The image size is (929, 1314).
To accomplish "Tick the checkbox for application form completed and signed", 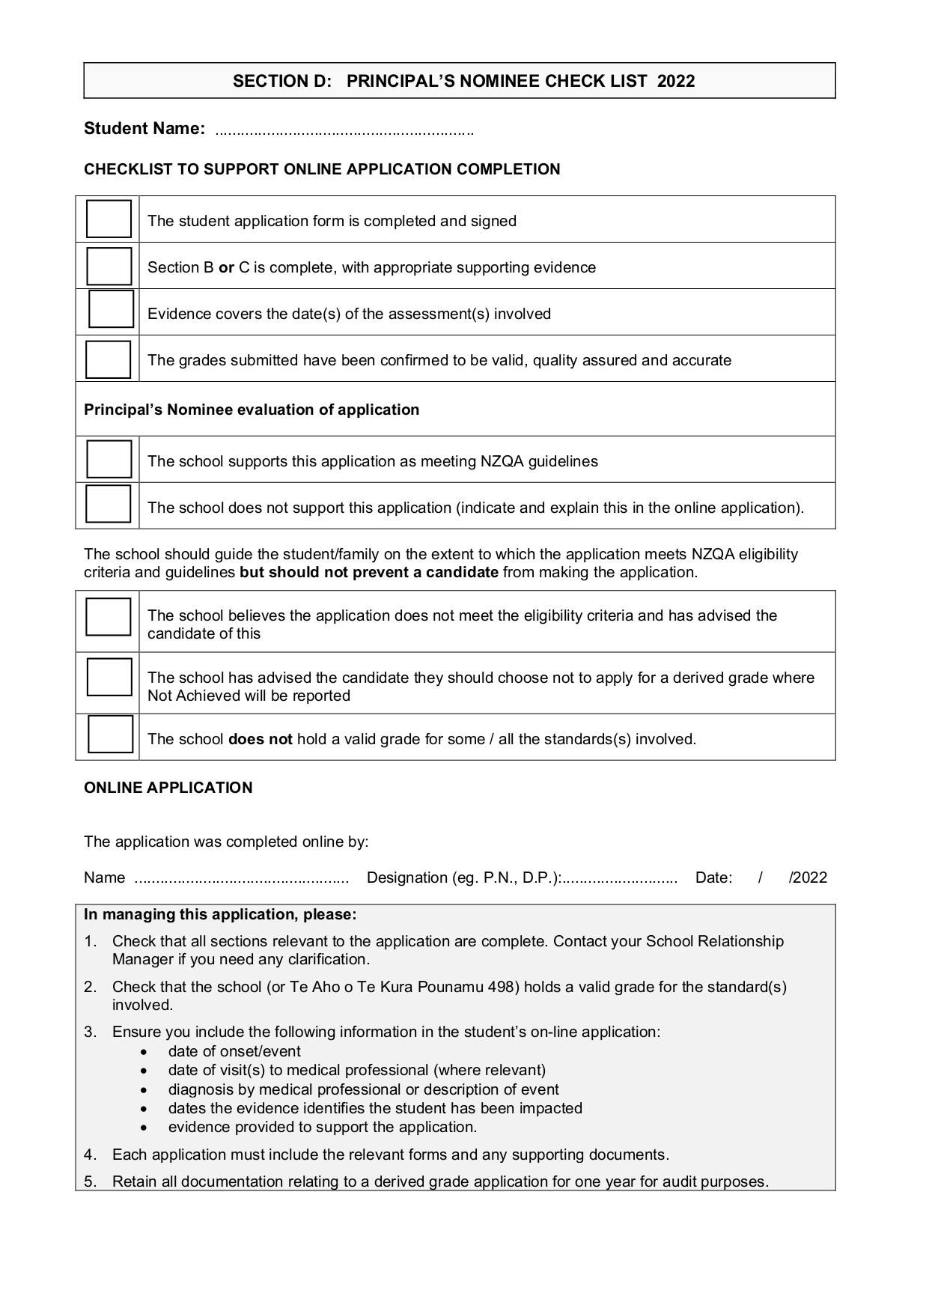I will (x=109, y=219).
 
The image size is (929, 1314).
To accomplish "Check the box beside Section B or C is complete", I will (x=109, y=266).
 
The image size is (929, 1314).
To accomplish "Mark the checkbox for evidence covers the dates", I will (x=111, y=309).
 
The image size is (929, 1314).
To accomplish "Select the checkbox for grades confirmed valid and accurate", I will (x=108, y=359).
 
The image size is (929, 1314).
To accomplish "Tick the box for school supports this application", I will (x=109, y=459).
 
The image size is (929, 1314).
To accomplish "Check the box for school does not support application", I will (x=108, y=504).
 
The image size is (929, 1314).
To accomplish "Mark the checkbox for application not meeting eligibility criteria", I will (x=108, y=617).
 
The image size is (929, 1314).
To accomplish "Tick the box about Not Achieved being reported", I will (x=109, y=677).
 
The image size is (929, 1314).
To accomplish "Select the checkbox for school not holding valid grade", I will (x=110, y=734).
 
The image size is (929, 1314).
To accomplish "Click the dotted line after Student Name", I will (x=344, y=133).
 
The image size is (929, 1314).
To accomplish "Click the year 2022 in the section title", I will (x=676, y=81).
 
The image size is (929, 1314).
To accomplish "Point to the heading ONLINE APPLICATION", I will (x=168, y=788).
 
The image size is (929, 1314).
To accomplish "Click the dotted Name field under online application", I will (x=241, y=880).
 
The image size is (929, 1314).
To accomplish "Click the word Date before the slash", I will (x=713, y=877).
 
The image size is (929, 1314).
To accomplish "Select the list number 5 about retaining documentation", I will (x=90, y=1181).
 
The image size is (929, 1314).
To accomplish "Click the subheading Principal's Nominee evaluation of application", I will (x=252, y=410).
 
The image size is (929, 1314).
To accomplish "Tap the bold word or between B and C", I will (x=226, y=267).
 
